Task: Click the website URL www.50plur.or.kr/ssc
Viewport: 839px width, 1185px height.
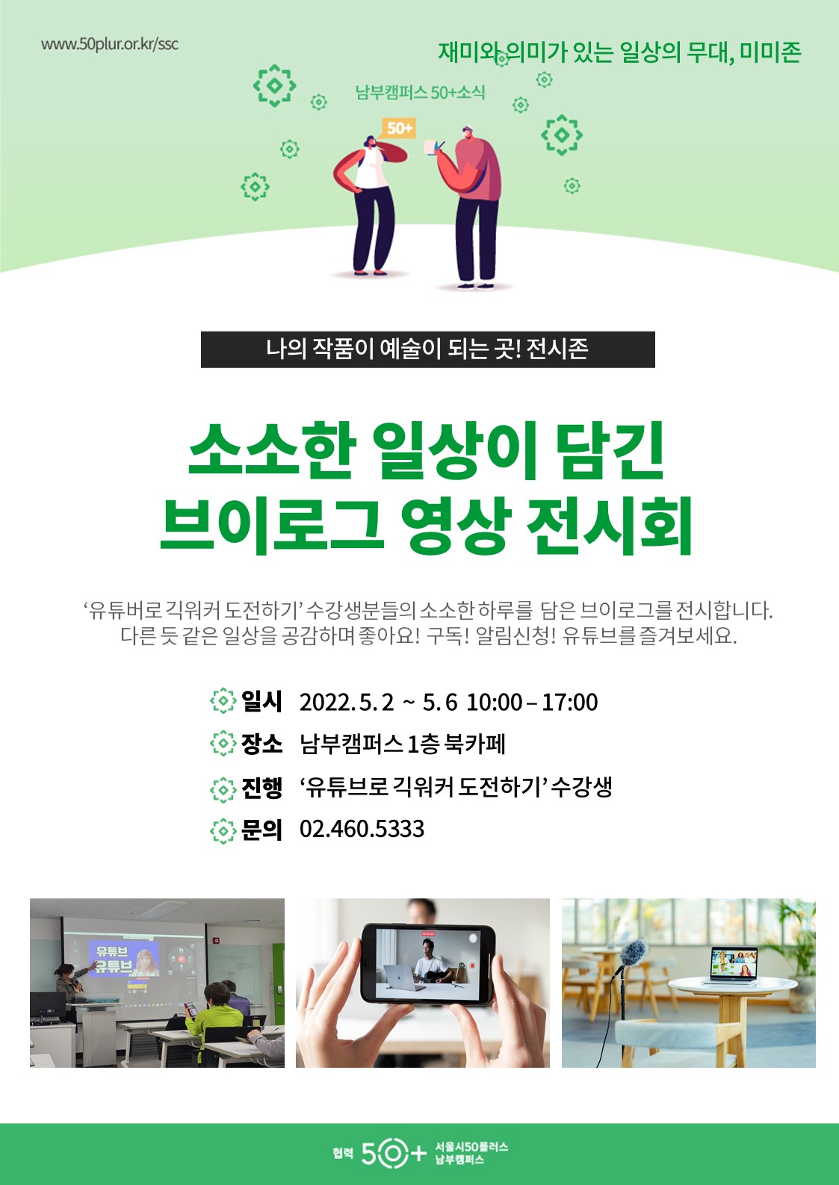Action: (x=110, y=43)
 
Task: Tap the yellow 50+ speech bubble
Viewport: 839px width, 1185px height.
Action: (x=399, y=128)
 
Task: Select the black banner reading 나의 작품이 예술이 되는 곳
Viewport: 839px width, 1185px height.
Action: (x=427, y=349)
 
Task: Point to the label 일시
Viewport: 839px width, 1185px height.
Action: (x=261, y=701)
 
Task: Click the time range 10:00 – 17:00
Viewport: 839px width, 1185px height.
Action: (x=532, y=702)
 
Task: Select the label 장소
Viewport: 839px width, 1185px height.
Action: (x=261, y=744)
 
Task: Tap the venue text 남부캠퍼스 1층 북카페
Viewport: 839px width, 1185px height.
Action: (x=403, y=744)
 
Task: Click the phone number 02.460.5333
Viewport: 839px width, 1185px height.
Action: (x=362, y=829)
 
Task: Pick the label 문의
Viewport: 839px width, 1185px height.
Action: (x=261, y=829)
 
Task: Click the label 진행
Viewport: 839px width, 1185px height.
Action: (x=261, y=787)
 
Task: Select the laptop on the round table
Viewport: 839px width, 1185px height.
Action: (x=734, y=965)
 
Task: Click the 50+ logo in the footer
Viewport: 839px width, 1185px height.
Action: (x=394, y=1154)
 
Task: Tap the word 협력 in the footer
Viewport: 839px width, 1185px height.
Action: (x=343, y=1154)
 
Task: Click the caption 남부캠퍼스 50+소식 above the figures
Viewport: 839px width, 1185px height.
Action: (x=420, y=93)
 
